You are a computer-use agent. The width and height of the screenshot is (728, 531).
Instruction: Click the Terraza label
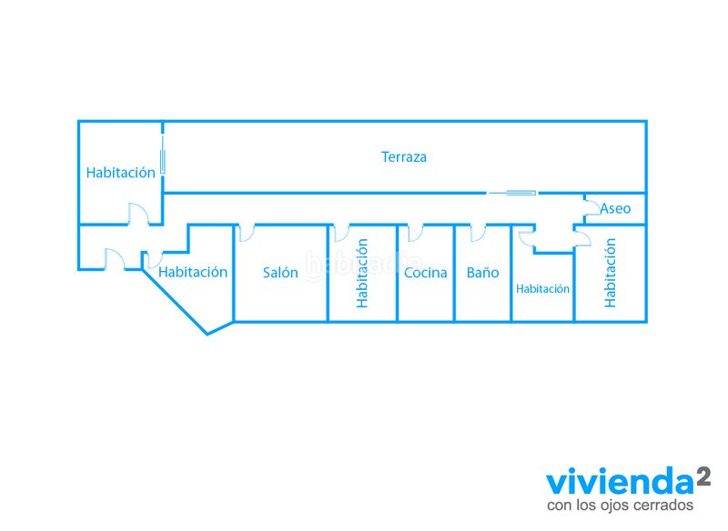pyautogui.click(x=403, y=156)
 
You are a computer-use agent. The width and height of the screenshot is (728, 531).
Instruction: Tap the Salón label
pyautogui.click(x=280, y=272)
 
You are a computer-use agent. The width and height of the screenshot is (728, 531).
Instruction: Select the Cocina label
pyautogui.click(x=425, y=273)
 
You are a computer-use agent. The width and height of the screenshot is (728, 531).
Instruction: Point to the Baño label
pyautogui.click(x=482, y=272)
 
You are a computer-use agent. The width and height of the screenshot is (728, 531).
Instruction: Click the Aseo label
pyautogui.click(x=615, y=209)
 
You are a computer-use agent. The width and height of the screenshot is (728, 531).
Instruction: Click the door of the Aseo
pyautogui.click(x=591, y=207)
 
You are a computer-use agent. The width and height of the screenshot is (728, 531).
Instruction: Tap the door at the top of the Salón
pyautogui.click(x=246, y=234)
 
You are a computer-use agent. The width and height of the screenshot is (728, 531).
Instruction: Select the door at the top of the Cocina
pyautogui.click(x=415, y=234)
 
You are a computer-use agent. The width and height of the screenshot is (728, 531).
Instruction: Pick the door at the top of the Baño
pyautogui.click(x=478, y=234)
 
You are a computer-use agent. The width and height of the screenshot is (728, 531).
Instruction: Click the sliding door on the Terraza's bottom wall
pyautogui.click(x=512, y=193)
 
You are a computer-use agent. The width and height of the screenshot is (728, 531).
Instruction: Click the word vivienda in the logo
pyautogui.click(x=620, y=481)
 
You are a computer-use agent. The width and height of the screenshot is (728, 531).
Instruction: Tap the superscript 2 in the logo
pyautogui.click(x=703, y=476)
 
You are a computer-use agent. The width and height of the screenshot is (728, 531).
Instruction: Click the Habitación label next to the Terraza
pyautogui.click(x=121, y=173)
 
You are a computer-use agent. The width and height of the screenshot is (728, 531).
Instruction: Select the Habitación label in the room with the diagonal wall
pyautogui.click(x=193, y=272)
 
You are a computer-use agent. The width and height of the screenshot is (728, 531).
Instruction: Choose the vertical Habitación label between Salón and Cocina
pyautogui.click(x=362, y=273)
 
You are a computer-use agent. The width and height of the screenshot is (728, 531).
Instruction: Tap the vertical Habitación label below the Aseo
pyautogui.click(x=610, y=273)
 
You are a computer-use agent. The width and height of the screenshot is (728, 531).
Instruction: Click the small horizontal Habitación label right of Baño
pyautogui.click(x=542, y=289)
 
